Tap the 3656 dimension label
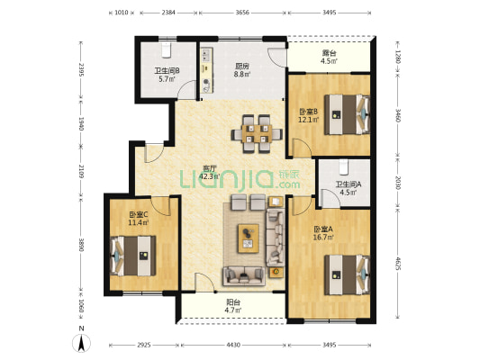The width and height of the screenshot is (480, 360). point(242,13)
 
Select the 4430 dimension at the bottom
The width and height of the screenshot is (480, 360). point(233,345)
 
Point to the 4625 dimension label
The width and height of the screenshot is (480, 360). point(398,264)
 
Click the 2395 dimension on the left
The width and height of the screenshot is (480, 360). point(81,70)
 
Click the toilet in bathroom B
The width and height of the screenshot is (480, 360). point(167,49)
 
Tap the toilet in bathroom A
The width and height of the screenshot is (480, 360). point(344,167)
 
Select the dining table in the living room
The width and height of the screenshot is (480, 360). point(257,134)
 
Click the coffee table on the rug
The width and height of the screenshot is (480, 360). point(249,238)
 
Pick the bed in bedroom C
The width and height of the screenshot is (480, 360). point(133,256)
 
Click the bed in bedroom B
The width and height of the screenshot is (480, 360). point(347,114)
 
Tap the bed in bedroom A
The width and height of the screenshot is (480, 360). point(347,274)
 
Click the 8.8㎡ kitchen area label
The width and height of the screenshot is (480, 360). point(242,74)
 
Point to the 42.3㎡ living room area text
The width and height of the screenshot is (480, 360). point(210,176)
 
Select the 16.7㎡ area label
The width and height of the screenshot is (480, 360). point(323,237)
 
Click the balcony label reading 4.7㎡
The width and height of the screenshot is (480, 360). point(233,310)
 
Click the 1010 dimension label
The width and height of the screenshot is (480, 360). point(122,13)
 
